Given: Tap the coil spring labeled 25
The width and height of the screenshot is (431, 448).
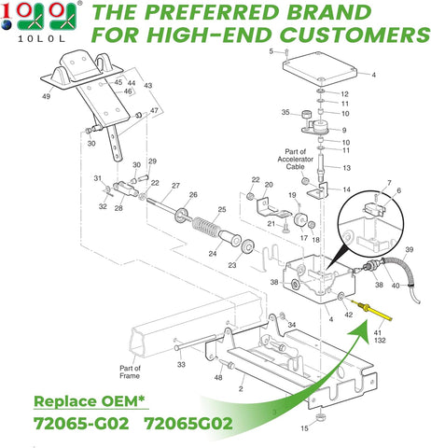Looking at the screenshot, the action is [204, 228].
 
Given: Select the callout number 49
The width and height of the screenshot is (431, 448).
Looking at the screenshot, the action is [46, 96].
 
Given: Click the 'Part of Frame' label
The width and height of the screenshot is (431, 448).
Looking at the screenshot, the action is [130, 371].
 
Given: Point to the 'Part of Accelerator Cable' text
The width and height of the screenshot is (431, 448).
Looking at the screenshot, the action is [295, 159].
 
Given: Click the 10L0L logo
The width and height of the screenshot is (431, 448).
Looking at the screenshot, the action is [39, 21].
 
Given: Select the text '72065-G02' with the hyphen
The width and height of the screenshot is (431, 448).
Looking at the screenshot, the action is [81, 424].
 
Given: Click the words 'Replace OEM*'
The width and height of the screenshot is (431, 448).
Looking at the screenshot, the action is [90, 401].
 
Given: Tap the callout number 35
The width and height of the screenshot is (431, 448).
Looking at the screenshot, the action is [285, 112].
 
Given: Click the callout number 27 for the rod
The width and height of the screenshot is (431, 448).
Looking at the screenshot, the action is [175, 186].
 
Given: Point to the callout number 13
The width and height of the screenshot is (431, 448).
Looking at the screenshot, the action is [346, 168].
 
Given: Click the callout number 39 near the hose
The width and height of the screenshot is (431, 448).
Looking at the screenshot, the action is [410, 249].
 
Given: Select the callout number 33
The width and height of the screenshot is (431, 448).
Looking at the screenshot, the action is [181, 364].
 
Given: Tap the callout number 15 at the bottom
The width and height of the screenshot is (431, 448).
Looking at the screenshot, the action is [304, 428].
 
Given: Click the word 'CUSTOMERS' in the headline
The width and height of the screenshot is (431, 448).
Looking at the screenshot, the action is [356, 35].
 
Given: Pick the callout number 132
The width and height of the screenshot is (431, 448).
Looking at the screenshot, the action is [380, 341].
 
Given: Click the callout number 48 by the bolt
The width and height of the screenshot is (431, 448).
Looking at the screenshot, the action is [218, 377].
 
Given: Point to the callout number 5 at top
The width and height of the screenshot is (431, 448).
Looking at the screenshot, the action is [271, 51].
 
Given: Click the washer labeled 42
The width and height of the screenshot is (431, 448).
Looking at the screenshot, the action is [341, 295].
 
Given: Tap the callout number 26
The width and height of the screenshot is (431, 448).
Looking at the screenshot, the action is [193, 195].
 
